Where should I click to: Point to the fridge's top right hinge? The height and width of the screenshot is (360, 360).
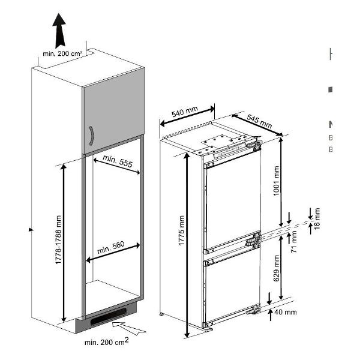256,145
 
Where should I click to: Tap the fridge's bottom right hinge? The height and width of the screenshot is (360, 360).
256,310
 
